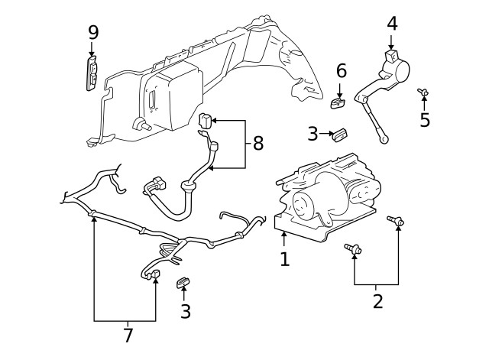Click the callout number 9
coord(93,32)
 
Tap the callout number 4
coord(392,23)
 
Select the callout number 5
coord(425,120)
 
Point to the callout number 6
coord(342,71)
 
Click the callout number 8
coord(258,142)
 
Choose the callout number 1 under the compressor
coord(285,259)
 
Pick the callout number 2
coord(377,300)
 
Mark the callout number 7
coord(128,335)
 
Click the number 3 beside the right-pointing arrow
coord(313,135)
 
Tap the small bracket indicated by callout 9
coord(92,72)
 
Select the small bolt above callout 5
coord(422,92)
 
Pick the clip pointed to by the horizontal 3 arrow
coord(340,135)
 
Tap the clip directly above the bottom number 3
coord(183,284)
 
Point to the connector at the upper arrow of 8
coord(206,120)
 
